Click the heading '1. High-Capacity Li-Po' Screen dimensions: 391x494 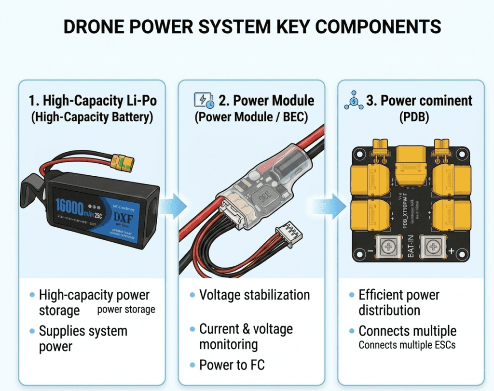pos(93,101)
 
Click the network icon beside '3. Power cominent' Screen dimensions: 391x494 pos(354,101)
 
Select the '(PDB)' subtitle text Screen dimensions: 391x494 pos(410,117)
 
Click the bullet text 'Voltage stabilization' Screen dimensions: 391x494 pos(254,295)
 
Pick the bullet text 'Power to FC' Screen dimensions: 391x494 pos(232,365)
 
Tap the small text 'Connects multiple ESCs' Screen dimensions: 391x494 pos(407,344)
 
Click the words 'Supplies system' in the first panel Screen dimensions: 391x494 pos(83,331)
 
